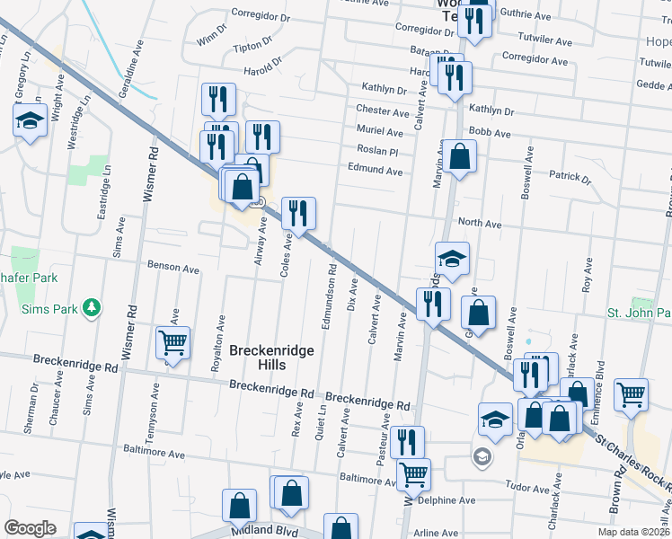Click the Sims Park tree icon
[x=91, y=309]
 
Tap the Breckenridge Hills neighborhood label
[x=270, y=358]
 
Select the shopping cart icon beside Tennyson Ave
[x=172, y=342]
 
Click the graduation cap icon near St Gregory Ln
[x=30, y=120]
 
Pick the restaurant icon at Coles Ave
[x=298, y=213]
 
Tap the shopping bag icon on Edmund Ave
[x=459, y=157]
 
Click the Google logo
[x=30, y=528]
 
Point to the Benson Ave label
[x=173, y=268]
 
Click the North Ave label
[x=479, y=223]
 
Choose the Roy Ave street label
[x=589, y=276]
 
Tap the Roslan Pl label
[x=376, y=151]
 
